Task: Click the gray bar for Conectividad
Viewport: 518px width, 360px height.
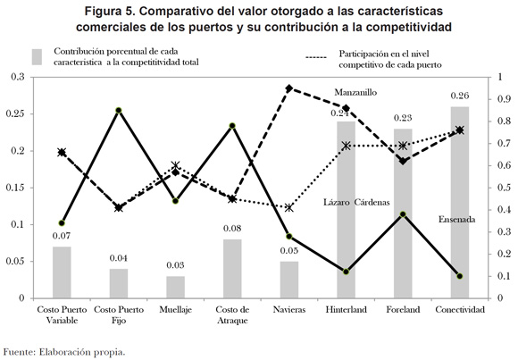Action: click(x=460, y=202)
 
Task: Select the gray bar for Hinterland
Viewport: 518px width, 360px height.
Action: click(x=346, y=210)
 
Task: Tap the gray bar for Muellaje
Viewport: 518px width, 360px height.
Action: click(x=175, y=287)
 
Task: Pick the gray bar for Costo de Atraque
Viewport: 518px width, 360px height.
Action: click(x=232, y=269)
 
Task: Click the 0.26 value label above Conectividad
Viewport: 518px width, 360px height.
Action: click(x=460, y=96)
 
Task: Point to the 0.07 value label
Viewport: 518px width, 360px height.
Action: click(x=62, y=236)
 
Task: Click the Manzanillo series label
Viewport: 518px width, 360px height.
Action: click(x=355, y=92)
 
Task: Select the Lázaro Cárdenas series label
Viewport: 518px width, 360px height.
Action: click(x=356, y=202)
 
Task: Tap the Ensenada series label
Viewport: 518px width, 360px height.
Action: click(x=456, y=220)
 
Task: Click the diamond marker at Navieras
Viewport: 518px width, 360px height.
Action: click(x=289, y=88)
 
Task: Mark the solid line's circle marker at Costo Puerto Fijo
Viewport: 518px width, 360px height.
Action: click(x=119, y=111)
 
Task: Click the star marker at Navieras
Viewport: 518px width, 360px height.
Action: click(x=289, y=208)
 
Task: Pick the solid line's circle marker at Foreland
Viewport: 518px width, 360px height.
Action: click(x=403, y=214)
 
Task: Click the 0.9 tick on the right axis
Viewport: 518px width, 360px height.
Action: click(x=504, y=99)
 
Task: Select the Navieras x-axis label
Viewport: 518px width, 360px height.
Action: click(x=289, y=310)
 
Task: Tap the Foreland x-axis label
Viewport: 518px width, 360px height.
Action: click(x=403, y=310)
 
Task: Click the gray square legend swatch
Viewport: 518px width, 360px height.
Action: click(x=37, y=57)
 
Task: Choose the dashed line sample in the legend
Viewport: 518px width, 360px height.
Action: click(x=316, y=57)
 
